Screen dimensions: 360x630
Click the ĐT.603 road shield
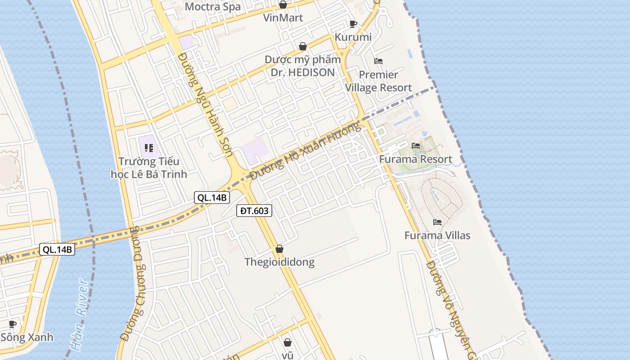tap(254, 210)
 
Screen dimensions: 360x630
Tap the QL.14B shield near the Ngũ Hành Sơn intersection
tap(212, 197)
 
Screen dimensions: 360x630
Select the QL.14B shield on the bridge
tap(57, 249)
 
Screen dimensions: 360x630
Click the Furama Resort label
tap(415, 159)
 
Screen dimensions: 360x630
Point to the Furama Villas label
tap(437, 235)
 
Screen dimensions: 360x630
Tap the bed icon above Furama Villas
tap(437, 222)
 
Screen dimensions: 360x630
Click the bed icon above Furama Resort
tap(416, 146)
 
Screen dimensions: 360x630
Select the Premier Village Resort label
tap(378, 81)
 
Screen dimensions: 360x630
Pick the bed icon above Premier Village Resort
tap(378, 61)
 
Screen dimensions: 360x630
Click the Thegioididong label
tap(279, 262)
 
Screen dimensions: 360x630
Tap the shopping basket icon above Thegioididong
tap(279, 249)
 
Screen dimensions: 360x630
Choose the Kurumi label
tap(353, 37)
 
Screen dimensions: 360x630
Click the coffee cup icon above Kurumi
tap(353, 24)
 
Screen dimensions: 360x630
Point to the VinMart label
tap(283, 18)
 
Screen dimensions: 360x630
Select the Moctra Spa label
tap(212, 7)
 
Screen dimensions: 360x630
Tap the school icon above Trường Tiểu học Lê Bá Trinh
tap(149, 148)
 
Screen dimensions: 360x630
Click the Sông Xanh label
tap(27, 337)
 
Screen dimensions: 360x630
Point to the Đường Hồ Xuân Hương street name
tap(306, 151)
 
